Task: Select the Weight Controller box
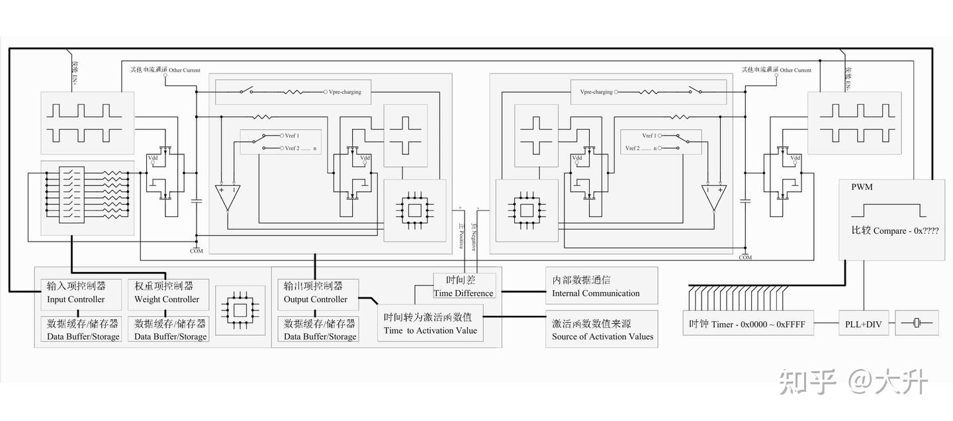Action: pos(167,293)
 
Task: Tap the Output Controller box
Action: pos(317,293)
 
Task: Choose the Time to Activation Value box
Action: pos(430,324)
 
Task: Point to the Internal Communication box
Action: pos(601,286)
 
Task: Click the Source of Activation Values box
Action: pos(601,330)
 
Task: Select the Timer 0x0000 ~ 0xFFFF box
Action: pos(748,324)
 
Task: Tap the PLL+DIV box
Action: pos(863,324)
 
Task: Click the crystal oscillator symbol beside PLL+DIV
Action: pos(917,323)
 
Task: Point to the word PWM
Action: pos(862,187)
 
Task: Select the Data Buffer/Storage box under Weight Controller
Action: pos(170,330)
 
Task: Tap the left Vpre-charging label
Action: pos(345,92)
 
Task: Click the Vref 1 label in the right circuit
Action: pos(649,136)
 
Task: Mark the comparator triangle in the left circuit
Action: pos(227,197)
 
